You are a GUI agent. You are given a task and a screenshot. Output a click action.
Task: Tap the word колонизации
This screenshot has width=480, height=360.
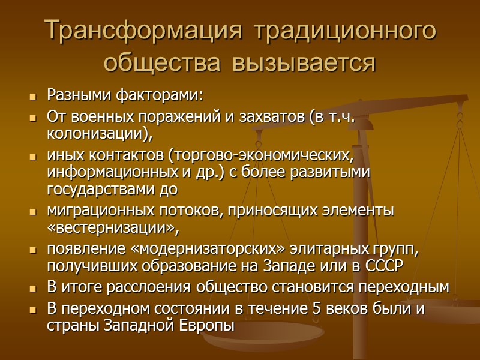95,133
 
